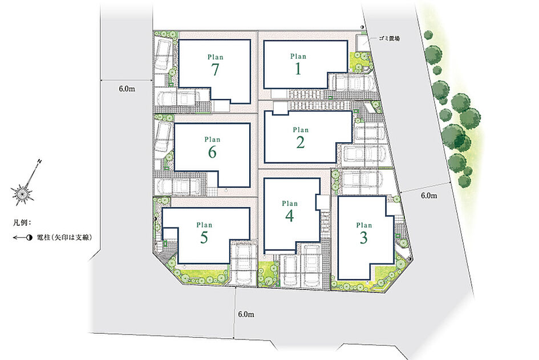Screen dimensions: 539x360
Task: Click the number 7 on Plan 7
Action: point(215,70)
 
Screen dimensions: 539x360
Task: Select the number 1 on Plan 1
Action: point(298,69)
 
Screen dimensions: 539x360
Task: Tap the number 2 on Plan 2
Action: point(301,142)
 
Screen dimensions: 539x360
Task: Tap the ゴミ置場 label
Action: point(389,39)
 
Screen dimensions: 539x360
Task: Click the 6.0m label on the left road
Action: point(127,89)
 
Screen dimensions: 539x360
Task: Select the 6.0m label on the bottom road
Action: point(246,314)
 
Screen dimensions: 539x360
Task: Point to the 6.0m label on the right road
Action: point(429,195)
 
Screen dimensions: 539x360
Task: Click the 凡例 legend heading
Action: point(22,222)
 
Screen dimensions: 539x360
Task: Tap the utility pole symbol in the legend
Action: point(23,237)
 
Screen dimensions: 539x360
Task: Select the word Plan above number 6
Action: point(212,139)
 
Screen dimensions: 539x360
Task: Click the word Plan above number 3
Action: point(364,225)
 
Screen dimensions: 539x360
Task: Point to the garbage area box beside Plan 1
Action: point(363,43)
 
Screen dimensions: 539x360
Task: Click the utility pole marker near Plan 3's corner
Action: point(409,258)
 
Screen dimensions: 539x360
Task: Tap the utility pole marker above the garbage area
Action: point(362,27)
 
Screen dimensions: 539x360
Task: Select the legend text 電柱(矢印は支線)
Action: point(64,237)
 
